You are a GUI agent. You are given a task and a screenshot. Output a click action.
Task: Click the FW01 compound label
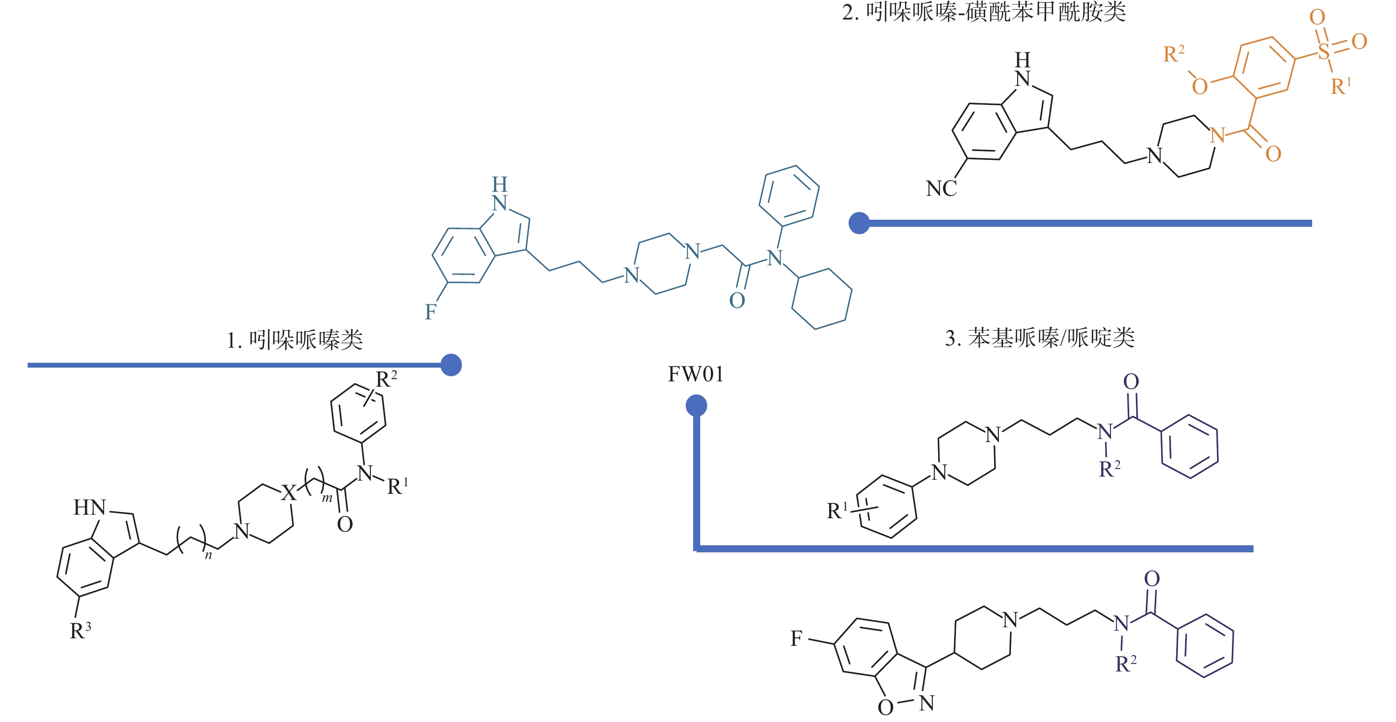[695, 374]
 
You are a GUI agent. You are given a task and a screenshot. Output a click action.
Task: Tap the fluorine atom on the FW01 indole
[430, 312]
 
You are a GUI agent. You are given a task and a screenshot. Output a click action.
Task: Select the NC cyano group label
[941, 189]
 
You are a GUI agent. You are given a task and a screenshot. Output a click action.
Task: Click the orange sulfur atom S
[1323, 52]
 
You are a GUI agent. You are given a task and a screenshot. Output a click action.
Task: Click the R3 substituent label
[80, 630]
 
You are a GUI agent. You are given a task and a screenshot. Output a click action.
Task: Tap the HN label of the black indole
[90, 508]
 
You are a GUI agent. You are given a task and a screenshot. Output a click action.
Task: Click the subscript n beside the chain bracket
[208, 555]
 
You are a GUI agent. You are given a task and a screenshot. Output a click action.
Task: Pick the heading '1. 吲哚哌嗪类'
[295, 340]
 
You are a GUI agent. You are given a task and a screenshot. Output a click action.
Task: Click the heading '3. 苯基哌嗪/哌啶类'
[1039, 338]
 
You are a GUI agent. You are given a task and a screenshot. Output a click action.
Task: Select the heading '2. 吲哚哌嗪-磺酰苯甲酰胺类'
[983, 12]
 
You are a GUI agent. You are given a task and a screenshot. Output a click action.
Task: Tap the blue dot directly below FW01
[696, 406]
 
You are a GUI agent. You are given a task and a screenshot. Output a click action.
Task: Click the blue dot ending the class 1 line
[451, 365]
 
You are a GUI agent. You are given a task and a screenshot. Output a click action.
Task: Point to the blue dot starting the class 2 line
[859, 223]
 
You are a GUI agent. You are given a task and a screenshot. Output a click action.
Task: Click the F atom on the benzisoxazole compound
[796, 639]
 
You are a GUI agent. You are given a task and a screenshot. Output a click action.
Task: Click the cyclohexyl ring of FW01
[822, 299]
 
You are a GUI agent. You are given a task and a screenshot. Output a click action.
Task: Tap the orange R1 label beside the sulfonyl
[1341, 86]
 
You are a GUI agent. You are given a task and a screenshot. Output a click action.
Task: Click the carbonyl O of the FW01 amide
[737, 301]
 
